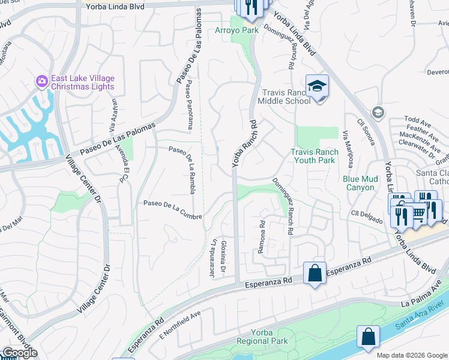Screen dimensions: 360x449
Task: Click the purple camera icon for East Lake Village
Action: pyautogui.click(x=42, y=81)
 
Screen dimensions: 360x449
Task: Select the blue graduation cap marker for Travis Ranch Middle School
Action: pyautogui.click(x=317, y=88)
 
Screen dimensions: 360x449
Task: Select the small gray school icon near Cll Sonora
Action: pyautogui.click(x=378, y=112)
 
